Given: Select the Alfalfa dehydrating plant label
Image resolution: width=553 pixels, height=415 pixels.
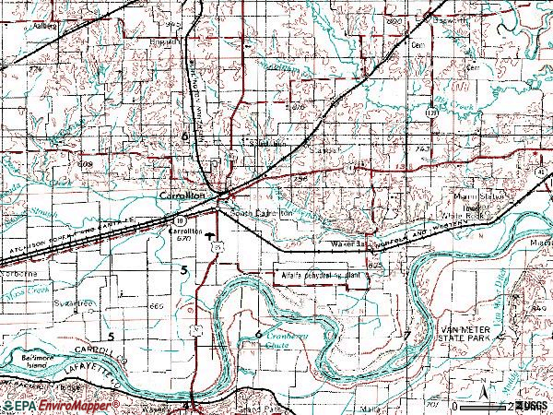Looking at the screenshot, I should pyautogui.click(x=318, y=275).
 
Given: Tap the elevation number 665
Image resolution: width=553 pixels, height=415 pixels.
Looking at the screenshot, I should pyautogui.click(x=154, y=305).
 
